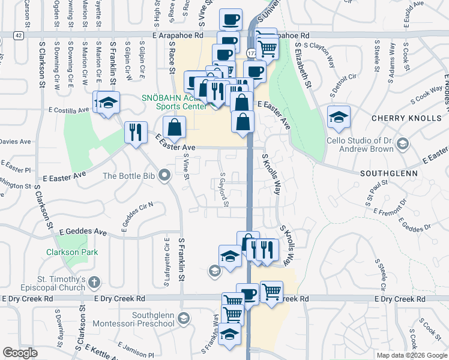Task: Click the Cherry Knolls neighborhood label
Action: pyautogui.click(x=406, y=118)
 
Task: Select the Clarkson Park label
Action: pyautogui.click(x=72, y=252)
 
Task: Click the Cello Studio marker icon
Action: pyautogui.click(x=402, y=144)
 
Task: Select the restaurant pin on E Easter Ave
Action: pyautogui.click(x=136, y=133)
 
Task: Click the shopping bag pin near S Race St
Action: pyautogui.click(x=174, y=127)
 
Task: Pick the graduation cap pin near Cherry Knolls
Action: pyautogui.click(x=339, y=116)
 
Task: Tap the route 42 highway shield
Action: pyautogui.click(x=19, y=35)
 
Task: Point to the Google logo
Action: pyautogui.click(x=20, y=353)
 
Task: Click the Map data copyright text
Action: pyautogui.click(x=412, y=355)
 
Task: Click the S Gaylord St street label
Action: pyautogui.click(x=224, y=190)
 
